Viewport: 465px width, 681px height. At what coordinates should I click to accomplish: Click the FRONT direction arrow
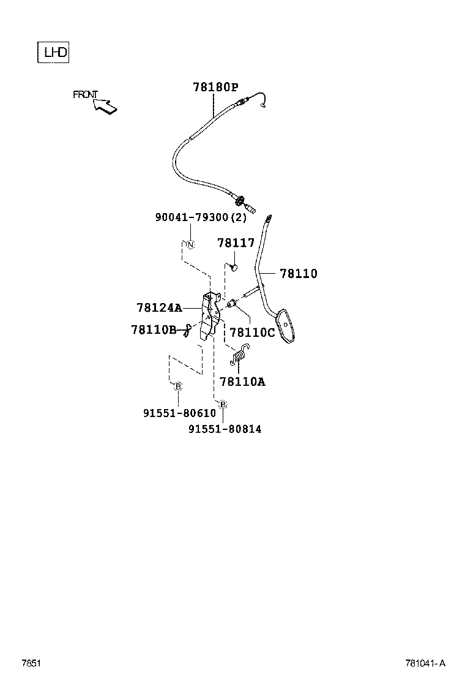[x=105, y=107]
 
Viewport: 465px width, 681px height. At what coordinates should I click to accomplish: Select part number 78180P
[x=215, y=88]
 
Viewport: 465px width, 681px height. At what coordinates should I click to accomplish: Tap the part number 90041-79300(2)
[x=201, y=217]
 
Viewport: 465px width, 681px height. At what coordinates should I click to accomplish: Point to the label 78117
[x=236, y=243]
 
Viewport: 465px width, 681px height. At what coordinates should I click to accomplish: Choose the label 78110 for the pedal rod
[x=299, y=274]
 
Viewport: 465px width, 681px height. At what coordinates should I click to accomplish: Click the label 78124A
[x=159, y=307]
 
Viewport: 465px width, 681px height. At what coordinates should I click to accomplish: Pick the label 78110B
[x=154, y=330]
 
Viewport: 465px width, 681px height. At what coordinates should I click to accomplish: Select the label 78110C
[x=252, y=333]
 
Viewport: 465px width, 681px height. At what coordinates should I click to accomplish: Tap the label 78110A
[x=242, y=382]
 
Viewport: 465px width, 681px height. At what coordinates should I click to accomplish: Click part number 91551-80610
[x=180, y=413]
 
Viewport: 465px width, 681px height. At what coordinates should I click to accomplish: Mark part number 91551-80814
[x=225, y=429]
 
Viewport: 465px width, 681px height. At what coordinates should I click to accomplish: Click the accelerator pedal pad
[x=288, y=326]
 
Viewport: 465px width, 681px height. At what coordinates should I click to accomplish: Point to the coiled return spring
[x=241, y=355]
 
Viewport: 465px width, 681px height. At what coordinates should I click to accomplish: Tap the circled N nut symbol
[x=190, y=245]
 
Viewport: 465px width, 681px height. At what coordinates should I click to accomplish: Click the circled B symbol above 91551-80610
[x=178, y=386]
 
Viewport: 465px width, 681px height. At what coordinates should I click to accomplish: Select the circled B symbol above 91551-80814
[x=223, y=404]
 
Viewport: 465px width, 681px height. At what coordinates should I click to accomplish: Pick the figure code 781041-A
[x=425, y=663]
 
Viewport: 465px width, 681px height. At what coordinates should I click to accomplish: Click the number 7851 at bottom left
[x=31, y=663]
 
